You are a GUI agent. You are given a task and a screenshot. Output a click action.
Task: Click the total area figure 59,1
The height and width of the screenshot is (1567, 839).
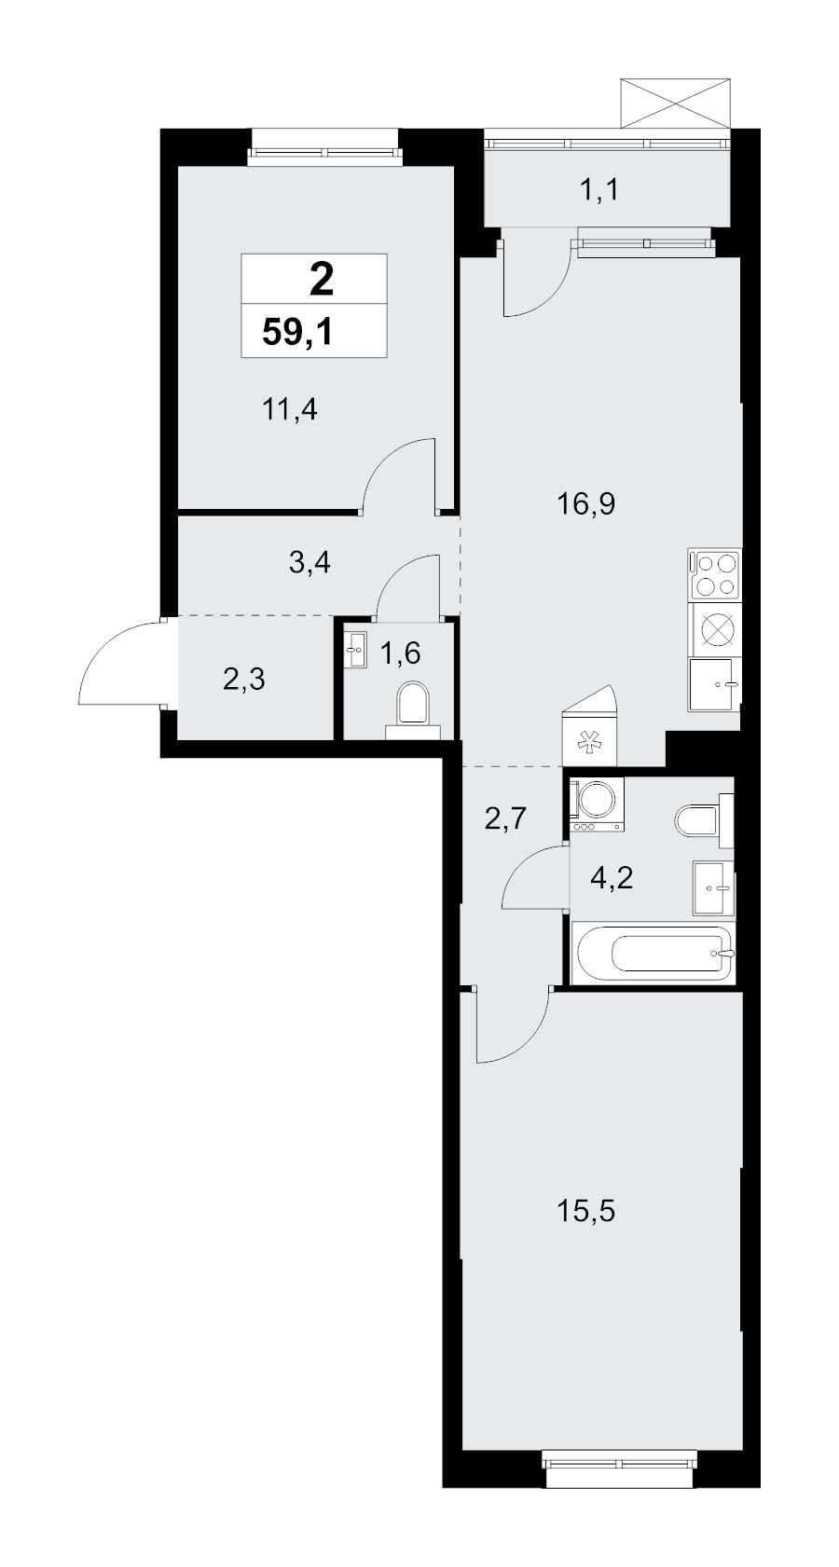pos(296,331)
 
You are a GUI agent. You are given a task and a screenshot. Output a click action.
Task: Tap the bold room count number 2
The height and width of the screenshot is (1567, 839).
pos(322,282)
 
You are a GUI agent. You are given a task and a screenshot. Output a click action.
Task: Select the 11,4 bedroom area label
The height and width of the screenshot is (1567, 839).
pos(290,409)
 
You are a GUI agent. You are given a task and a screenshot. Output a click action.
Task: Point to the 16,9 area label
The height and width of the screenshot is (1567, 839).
pos(585,503)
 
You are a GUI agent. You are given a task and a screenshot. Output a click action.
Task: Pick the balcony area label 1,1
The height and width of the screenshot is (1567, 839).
pos(600,189)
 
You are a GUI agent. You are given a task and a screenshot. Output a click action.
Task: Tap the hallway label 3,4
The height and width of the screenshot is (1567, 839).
pos(309,562)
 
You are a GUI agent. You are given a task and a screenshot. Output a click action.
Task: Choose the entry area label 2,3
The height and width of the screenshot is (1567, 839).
pos(244,680)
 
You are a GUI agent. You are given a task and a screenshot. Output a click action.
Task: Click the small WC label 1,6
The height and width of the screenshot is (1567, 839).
pos(400,653)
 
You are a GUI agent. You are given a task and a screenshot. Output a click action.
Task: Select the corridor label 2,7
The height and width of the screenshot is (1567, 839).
pos(505,818)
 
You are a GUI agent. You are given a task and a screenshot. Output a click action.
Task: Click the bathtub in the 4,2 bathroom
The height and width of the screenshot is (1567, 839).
pos(653,953)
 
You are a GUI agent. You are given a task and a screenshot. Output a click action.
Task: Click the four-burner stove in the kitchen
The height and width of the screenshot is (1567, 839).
pos(714,574)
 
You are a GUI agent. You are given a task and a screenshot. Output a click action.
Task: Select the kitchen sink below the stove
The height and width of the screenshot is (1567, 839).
pos(714,685)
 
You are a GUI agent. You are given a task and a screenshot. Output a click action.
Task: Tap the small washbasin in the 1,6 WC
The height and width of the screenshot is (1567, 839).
pos(355,650)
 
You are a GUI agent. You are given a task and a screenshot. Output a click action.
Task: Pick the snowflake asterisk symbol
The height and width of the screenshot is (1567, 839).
pos(590,744)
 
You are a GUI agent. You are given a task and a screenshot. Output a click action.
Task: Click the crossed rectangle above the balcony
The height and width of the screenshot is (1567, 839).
pos(676,103)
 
